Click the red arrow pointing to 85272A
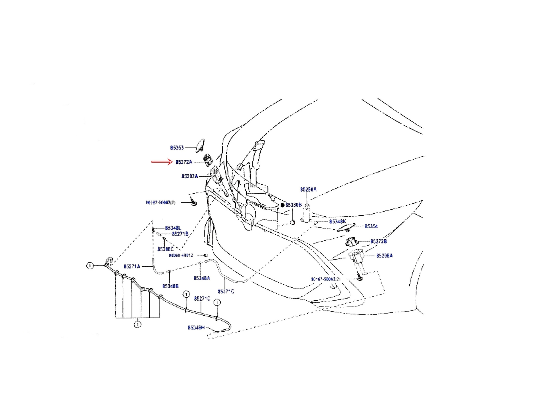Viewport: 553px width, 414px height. pos(162,162)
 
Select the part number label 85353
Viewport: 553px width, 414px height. pos(177,148)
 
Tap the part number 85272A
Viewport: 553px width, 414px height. pos(184,162)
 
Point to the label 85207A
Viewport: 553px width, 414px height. pos(189,176)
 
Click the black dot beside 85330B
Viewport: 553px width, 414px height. pos(283,205)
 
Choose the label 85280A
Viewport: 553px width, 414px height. pos(308,189)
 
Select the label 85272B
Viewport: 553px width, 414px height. pos(378,241)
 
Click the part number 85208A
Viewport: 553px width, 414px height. pos(384,256)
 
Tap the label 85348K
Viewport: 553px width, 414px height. pos(337,222)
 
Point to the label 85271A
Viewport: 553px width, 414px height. pos(132,267)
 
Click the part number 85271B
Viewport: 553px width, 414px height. pos(180,234)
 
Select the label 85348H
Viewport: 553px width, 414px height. pos(196,327)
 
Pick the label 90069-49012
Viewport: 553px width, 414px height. pos(181,255)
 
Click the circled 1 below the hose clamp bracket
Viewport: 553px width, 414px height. pos(138,325)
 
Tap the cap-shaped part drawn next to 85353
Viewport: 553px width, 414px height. pos(200,145)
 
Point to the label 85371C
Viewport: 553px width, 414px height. pos(226,291)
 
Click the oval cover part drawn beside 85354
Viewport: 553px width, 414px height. pos(346,227)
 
